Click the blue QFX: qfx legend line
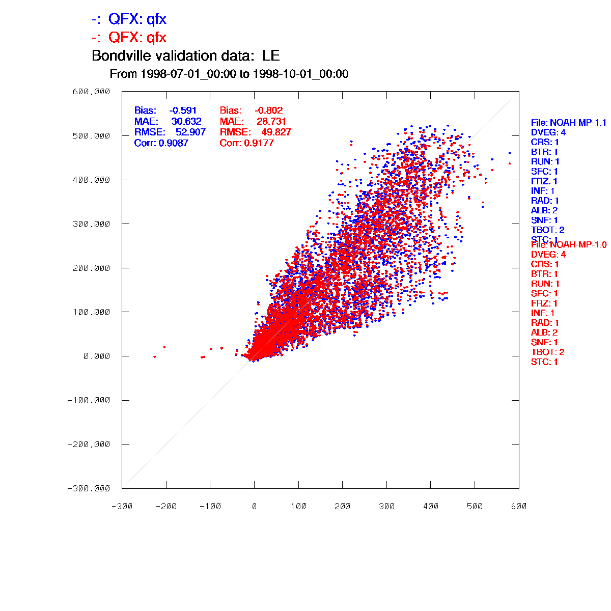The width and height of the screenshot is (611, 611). [x=129, y=19]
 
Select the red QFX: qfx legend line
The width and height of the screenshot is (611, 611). [x=129, y=38]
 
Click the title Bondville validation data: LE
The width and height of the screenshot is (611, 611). [x=185, y=55]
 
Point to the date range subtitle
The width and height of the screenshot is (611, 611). [x=229, y=74]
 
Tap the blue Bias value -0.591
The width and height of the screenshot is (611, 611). [x=183, y=110]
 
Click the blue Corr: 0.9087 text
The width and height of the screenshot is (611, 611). [x=161, y=143]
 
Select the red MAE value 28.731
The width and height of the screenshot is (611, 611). [x=271, y=121]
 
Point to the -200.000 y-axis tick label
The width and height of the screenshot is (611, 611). [x=89, y=445]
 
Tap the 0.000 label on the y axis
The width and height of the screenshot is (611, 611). [x=97, y=356]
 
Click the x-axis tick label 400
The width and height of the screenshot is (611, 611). [x=431, y=507]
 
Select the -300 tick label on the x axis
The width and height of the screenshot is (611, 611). [x=122, y=507]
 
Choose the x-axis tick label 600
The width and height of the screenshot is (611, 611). [x=519, y=507]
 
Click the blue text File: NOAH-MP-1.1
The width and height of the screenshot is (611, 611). [x=569, y=123]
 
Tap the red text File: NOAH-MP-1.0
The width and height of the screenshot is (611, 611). [x=569, y=245]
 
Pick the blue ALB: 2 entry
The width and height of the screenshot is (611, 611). [x=544, y=211]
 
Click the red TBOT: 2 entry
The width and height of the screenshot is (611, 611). [x=547, y=352]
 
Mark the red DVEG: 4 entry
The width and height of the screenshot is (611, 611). [x=548, y=255]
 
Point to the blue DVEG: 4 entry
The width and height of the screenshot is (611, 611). [x=548, y=132]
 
